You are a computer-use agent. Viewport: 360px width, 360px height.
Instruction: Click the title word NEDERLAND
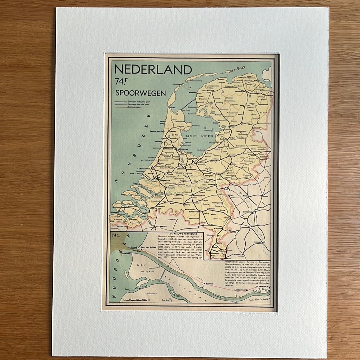pyautogui.click(x=153, y=70)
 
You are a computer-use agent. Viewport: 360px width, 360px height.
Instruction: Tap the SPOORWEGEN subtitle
pyautogui.click(x=140, y=93)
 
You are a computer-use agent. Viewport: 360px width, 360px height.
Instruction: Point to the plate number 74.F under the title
pyautogui.click(x=121, y=82)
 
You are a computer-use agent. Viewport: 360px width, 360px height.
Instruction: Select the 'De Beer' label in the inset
pyautogui.click(x=141, y=265)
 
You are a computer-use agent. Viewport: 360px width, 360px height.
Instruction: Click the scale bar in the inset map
pyautogui.click(x=138, y=300)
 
